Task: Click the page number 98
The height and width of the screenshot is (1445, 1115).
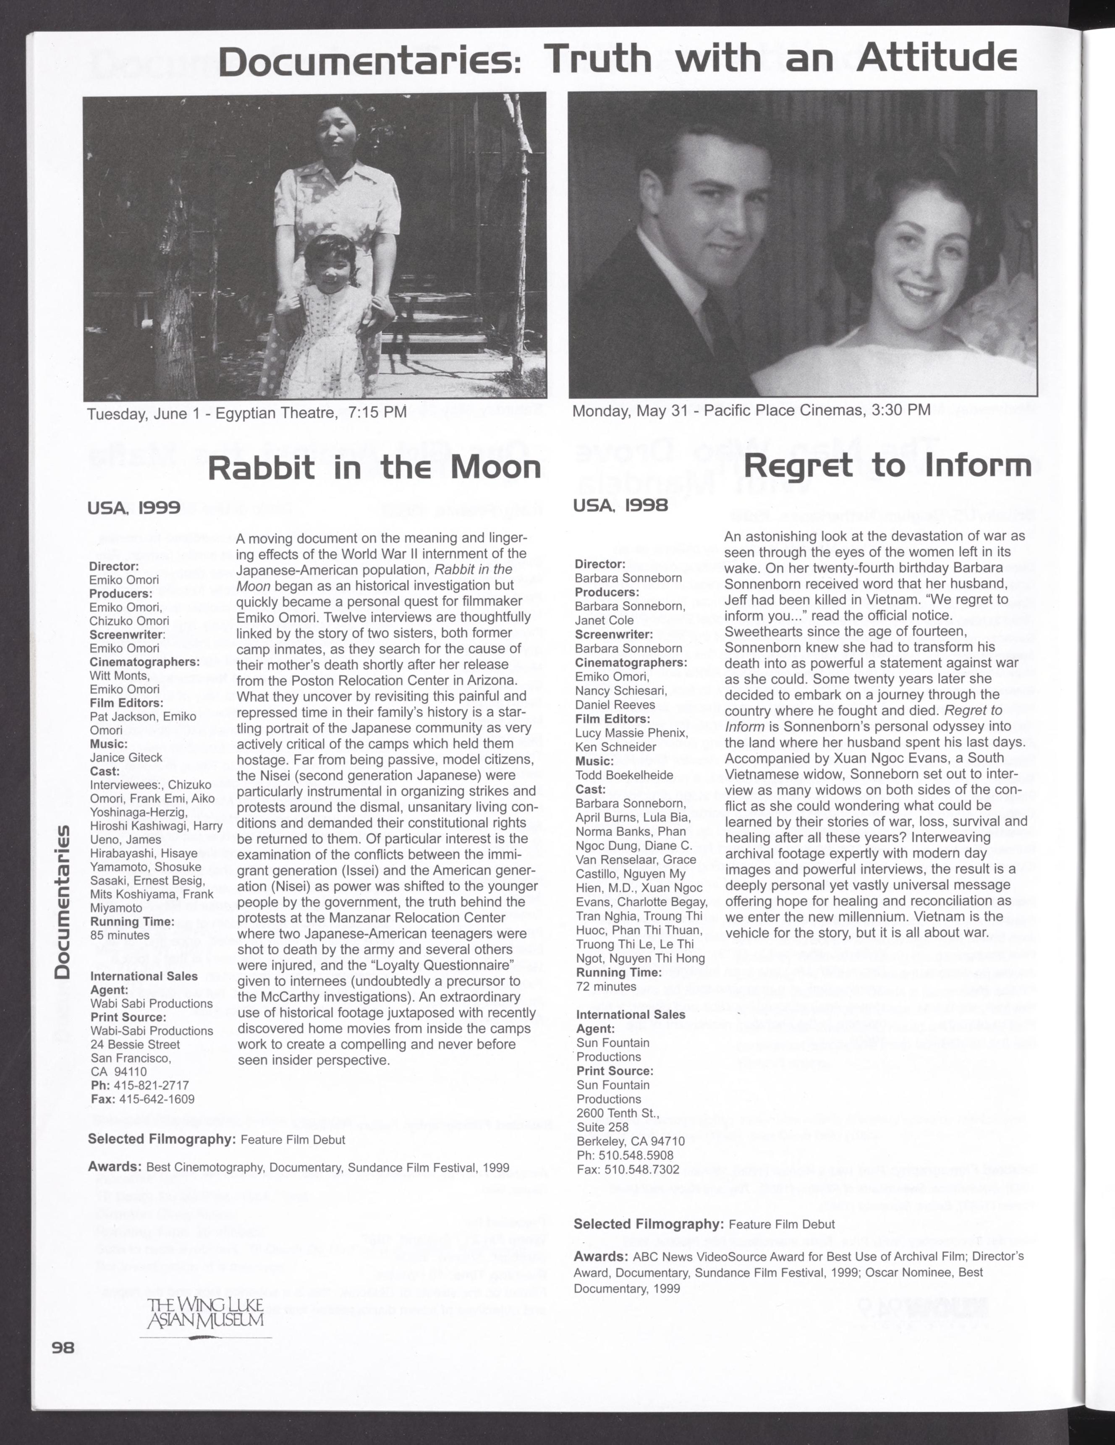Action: pos(64,1348)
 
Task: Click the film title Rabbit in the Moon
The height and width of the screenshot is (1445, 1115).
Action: pos(374,468)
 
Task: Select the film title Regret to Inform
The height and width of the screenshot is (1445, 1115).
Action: pos(887,466)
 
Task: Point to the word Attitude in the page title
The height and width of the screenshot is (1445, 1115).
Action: pos(936,60)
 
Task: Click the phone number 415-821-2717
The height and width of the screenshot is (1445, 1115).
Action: pos(152,1085)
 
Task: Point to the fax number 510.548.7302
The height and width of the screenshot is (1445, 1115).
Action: pos(638,1169)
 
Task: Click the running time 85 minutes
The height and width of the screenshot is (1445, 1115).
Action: pos(120,935)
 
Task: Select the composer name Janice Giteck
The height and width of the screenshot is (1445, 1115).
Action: pos(126,758)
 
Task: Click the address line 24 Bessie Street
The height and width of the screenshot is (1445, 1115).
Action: pos(135,1044)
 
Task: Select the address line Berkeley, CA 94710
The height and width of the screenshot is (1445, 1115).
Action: pos(631,1141)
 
